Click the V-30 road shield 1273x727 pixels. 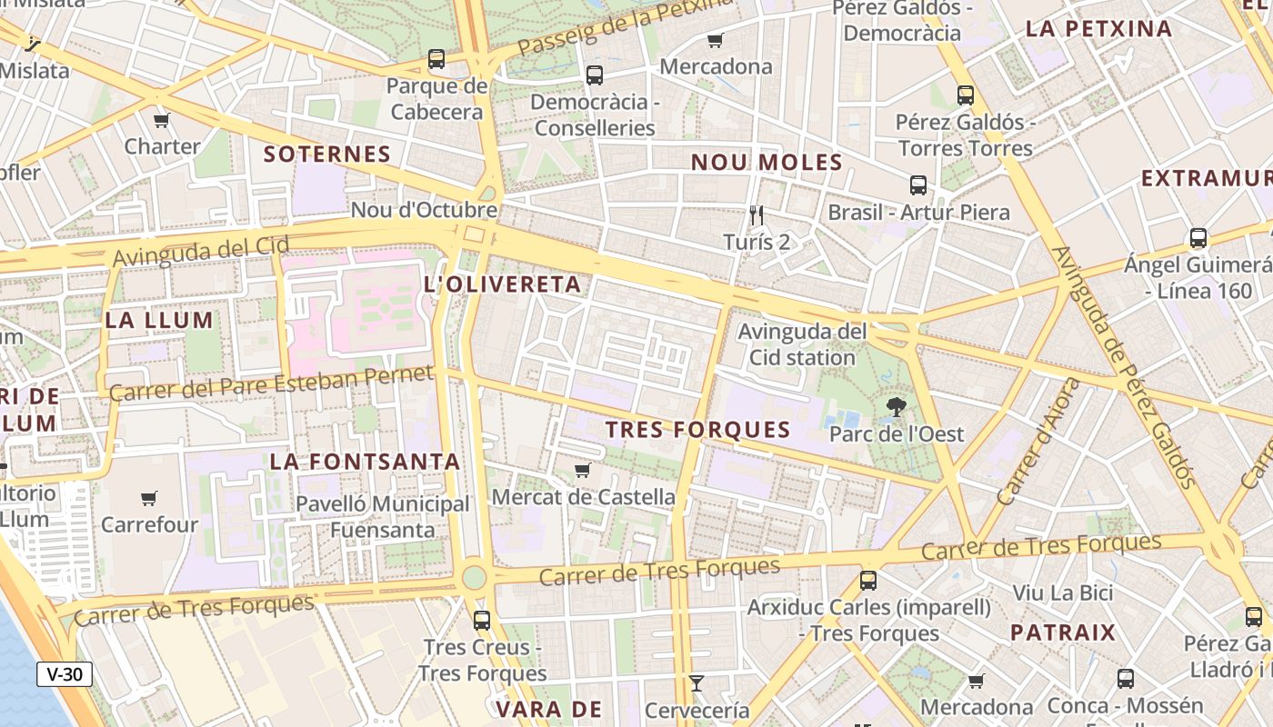65,674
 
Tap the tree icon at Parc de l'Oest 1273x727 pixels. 897,407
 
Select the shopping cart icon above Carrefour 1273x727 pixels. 149,498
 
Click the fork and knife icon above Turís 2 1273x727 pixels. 757,215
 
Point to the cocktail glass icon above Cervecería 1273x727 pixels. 697,683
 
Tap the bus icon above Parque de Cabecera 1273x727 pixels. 436,59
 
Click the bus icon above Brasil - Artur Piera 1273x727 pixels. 918,185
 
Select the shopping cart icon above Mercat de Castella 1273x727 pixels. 583,470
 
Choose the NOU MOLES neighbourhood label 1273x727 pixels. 767,163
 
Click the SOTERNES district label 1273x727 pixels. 326,154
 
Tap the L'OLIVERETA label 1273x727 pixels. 503,284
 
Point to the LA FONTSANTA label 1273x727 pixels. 365,462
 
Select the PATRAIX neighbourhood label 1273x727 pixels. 1062,632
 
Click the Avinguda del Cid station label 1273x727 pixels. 802,344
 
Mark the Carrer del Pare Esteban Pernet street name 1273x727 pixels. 271,383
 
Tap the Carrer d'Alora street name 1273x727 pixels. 1038,442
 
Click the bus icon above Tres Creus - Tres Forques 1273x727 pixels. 482,621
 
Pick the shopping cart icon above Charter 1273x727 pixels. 162,120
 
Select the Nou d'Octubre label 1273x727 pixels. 424,210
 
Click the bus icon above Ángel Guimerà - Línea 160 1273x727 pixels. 1198,238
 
